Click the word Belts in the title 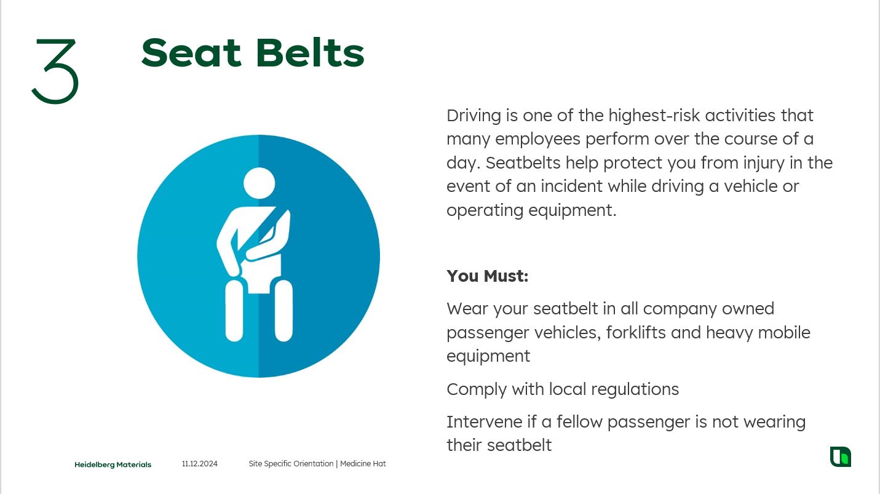311,53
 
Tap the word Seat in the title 191,53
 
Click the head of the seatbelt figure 260,183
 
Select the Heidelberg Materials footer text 113,464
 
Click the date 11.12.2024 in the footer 200,464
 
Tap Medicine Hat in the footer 363,464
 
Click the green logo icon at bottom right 840,456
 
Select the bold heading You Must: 488,276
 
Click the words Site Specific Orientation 291,464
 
